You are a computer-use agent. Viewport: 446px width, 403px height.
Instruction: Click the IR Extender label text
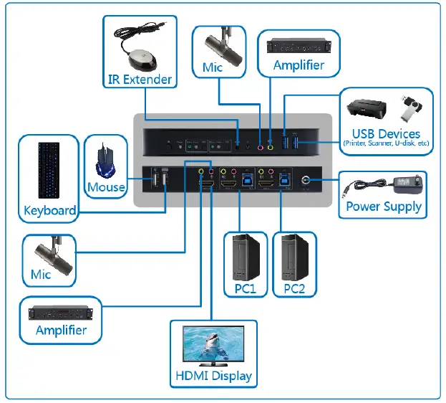[x=140, y=79]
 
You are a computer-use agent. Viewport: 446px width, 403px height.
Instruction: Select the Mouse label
[x=106, y=188]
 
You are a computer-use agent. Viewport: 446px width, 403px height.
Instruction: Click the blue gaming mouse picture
[x=106, y=162]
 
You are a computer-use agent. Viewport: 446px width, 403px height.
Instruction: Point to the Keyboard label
[x=49, y=210]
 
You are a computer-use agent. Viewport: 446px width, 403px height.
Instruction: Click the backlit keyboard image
[x=49, y=170]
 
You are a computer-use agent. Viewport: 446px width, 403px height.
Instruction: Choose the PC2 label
[x=294, y=289]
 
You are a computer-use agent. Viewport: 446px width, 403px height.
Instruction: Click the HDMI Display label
[x=214, y=376]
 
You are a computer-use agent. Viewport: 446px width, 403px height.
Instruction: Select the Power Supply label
[x=384, y=207]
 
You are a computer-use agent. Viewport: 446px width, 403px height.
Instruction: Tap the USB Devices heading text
[x=386, y=133]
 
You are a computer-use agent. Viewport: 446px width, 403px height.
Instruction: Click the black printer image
[x=367, y=109]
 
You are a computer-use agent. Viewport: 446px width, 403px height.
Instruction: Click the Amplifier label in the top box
[x=299, y=65]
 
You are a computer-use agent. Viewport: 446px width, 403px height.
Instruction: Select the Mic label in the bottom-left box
[x=41, y=275]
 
